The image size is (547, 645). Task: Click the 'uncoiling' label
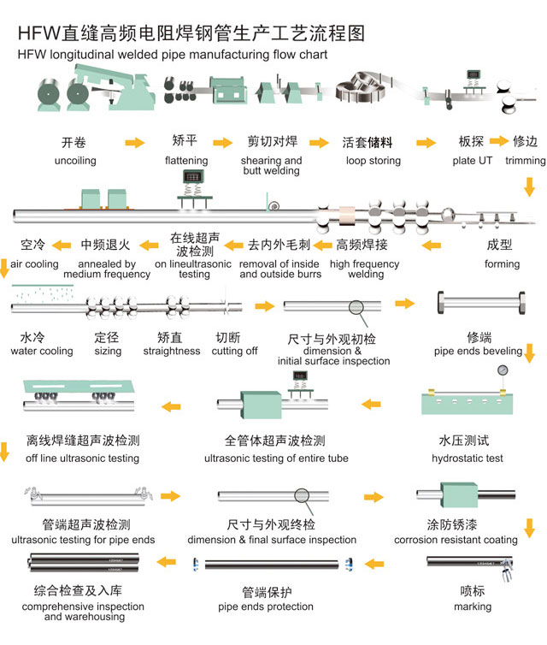point(75,161)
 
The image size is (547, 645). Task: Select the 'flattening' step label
point(186,161)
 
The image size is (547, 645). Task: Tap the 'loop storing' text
point(373,161)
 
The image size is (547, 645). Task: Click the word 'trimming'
point(525,161)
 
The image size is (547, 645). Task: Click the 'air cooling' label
point(34,264)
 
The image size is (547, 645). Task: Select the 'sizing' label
point(108,351)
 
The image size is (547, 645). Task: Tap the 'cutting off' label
point(234,351)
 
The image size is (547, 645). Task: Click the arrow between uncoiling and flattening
point(134,143)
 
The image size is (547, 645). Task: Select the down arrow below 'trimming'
point(530,186)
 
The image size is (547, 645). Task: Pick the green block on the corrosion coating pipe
point(459,495)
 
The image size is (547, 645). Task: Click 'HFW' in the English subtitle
point(31,55)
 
